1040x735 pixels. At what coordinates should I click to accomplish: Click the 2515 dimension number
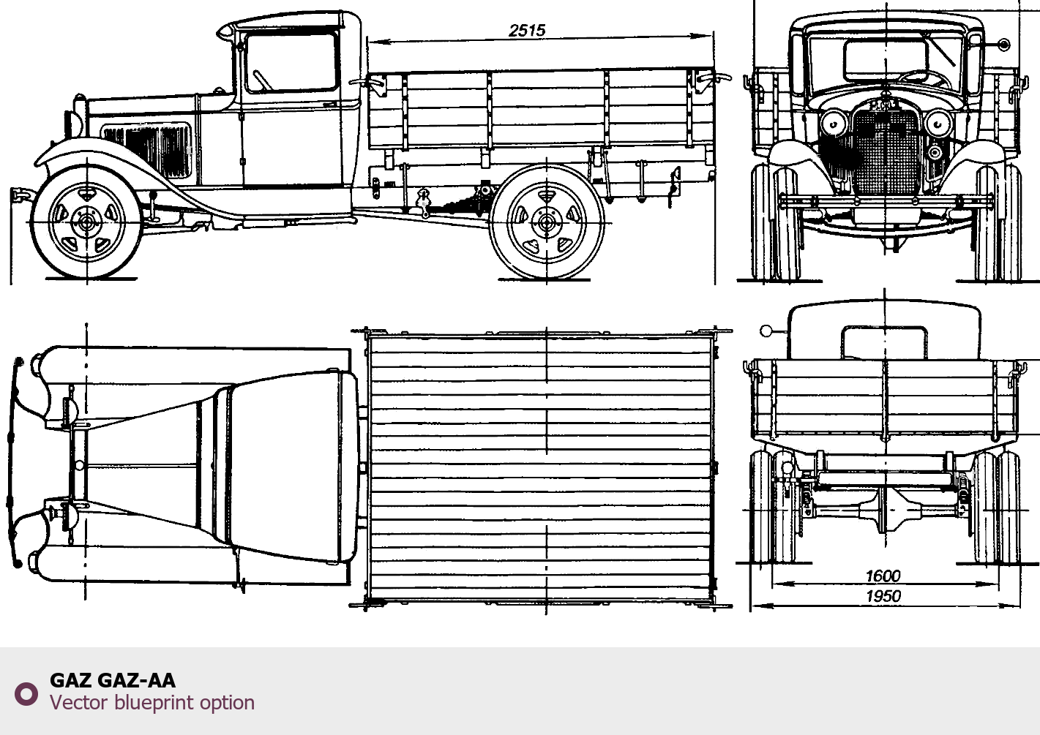tap(527, 31)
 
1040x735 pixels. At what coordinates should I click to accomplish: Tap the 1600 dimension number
tap(883, 576)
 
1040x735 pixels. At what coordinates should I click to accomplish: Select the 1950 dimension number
tap(883, 596)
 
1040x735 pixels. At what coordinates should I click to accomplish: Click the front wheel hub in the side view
tap(86, 223)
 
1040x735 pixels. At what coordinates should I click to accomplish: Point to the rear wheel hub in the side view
tap(546, 223)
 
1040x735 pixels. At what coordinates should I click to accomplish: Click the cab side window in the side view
tap(291, 63)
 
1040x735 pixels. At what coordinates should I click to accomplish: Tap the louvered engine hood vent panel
tap(146, 150)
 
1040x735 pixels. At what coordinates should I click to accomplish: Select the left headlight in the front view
tap(834, 124)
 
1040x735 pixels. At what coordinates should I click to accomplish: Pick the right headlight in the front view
tap(938, 124)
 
